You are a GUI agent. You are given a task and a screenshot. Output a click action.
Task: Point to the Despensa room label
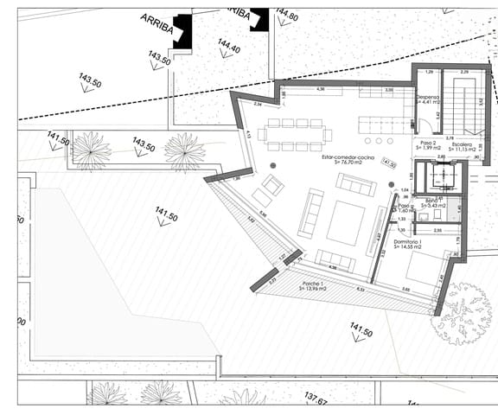point(429,97)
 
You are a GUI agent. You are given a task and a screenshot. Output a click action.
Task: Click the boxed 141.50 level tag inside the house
point(388,163)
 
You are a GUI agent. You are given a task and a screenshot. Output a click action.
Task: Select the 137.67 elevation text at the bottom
point(316,401)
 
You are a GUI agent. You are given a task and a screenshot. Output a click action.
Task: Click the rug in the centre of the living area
point(344,222)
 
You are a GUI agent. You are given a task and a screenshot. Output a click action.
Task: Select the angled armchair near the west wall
point(272,184)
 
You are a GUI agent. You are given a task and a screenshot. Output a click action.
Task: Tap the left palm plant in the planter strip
point(91,150)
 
